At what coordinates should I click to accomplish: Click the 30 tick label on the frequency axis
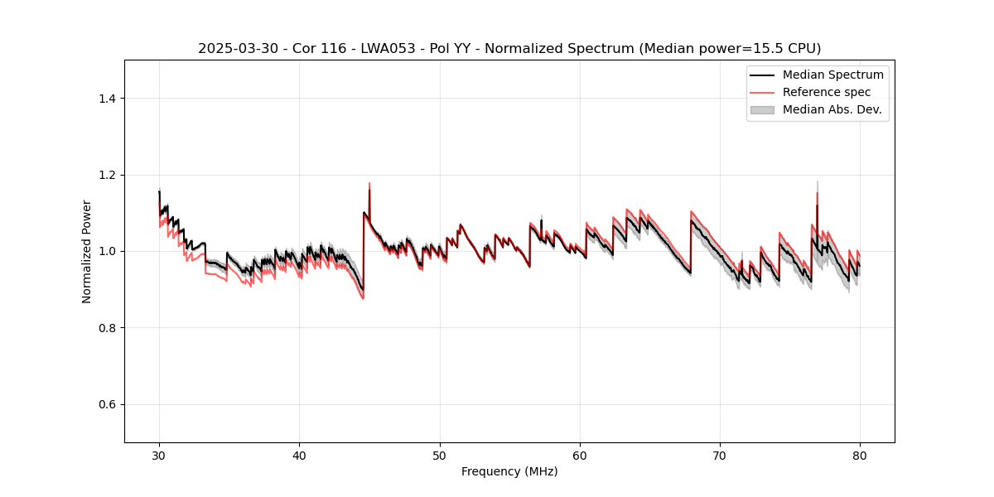[159, 456]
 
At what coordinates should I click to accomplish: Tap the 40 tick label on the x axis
[299, 456]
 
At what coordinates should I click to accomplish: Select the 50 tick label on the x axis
[440, 456]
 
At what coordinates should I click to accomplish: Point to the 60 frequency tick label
[580, 456]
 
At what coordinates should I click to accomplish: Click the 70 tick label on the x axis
[720, 456]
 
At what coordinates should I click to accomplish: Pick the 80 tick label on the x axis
[860, 456]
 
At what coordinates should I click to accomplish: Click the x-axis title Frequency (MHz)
[509, 472]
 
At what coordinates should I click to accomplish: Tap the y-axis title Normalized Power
[87, 251]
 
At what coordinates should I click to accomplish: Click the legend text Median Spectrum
[832, 75]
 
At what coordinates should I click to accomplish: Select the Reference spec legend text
[827, 92]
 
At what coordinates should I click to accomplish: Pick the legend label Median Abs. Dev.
[832, 109]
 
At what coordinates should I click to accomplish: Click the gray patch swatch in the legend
[762, 109]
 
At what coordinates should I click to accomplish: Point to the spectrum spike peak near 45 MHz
[369, 184]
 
